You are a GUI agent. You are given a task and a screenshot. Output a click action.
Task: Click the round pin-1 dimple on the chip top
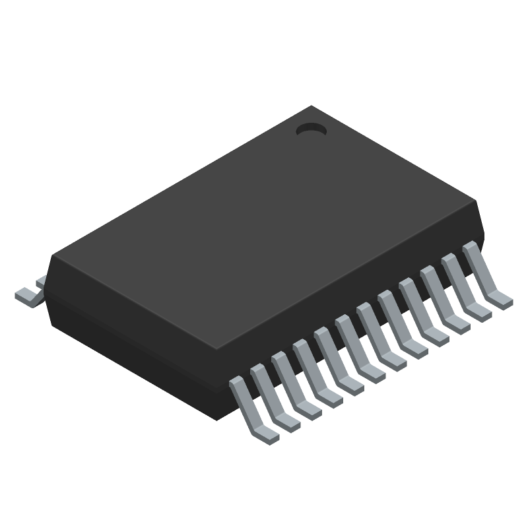click(x=311, y=130)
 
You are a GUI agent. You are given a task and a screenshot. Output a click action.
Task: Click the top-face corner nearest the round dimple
click(x=312, y=107)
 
